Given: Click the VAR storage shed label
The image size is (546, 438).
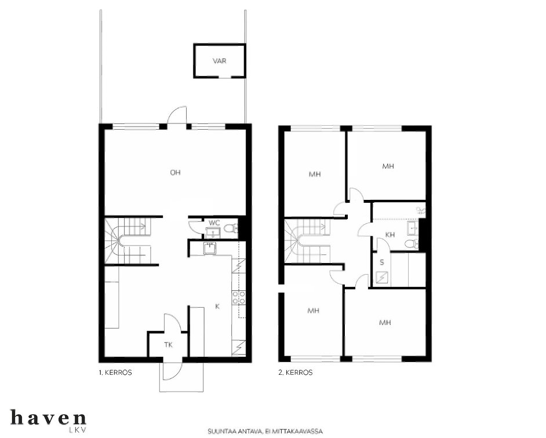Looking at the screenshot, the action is [219, 61].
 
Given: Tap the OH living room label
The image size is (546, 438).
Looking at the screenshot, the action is [175, 172].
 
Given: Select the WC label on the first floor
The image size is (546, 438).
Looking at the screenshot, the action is [214, 222].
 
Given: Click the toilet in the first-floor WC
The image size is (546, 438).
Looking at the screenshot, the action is [231, 228].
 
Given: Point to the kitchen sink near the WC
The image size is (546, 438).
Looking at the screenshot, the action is [210, 249].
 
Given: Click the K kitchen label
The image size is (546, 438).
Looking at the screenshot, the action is [217, 306].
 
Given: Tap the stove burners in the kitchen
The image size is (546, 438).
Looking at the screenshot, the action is [239, 298].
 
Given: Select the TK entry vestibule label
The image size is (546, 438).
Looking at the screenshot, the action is [168, 345].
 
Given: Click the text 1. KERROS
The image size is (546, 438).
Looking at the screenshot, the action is [115, 373].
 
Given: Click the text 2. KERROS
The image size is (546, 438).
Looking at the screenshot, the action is [296, 373].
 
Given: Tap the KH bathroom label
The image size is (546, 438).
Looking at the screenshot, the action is [390, 235].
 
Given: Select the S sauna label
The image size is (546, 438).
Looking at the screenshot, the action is [382, 263].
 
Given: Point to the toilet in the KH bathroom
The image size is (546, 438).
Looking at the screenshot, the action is [412, 243].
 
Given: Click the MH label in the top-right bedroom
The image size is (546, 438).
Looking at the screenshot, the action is [388, 166].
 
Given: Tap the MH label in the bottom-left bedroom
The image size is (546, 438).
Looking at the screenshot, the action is [314, 310].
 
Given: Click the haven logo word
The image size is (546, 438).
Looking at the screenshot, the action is [49, 417].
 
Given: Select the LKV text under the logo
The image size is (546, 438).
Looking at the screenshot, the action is [77, 430].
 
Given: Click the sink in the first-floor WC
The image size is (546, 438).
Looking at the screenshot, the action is [213, 232].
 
